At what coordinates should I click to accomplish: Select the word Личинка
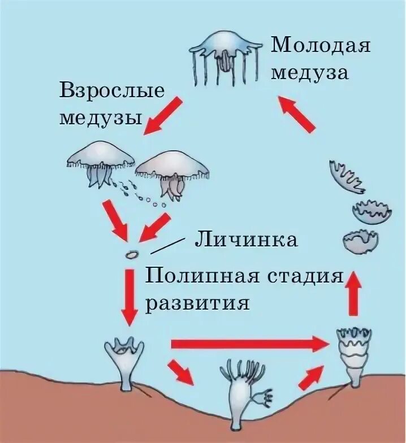coord(246,240)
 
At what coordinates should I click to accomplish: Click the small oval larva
coord(132,254)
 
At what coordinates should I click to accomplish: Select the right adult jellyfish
coord(172,172)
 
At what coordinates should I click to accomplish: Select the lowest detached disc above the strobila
coord(360,240)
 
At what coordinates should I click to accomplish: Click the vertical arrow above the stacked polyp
coord(353,292)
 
